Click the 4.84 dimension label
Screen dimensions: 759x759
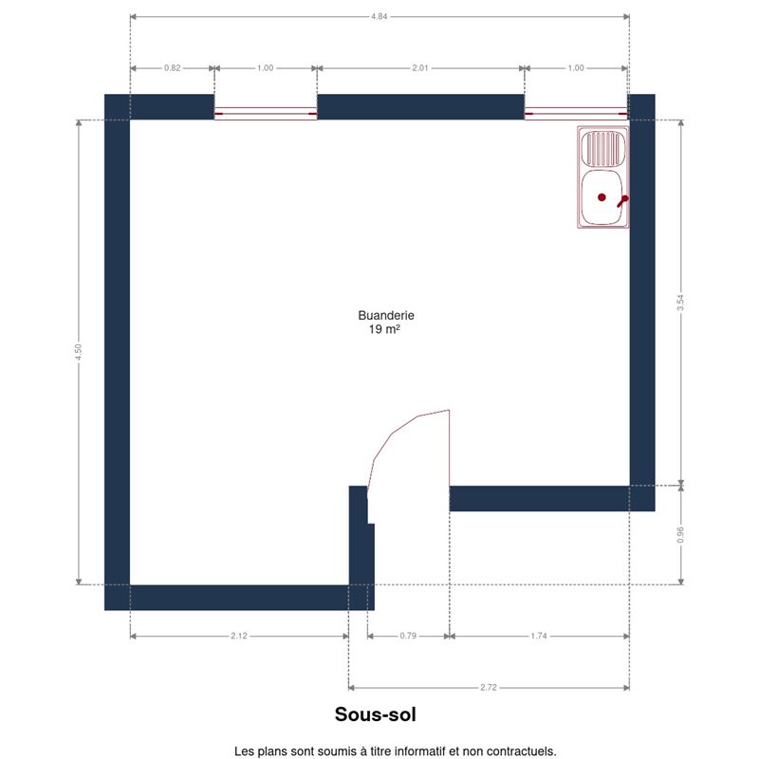(x=379, y=16)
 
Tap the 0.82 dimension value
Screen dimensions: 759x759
(x=173, y=68)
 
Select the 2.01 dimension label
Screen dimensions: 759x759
(x=420, y=68)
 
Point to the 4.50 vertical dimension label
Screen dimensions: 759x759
(x=79, y=351)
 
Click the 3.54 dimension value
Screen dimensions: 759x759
(x=680, y=303)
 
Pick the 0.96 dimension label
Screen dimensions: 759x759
(x=680, y=534)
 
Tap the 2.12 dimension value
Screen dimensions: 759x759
(x=239, y=636)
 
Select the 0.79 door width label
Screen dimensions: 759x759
(x=408, y=636)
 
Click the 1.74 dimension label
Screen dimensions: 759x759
(x=539, y=636)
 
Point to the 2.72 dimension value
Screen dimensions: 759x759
(x=489, y=687)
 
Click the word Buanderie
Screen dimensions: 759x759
(x=386, y=316)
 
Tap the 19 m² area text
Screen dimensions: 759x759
(x=384, y=329)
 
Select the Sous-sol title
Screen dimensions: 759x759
(x=375, y=714)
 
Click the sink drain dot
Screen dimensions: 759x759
(x=602, y=197)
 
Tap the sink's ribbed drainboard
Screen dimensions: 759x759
(x=603, y=148)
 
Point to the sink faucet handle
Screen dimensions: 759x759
(x=622, y=201)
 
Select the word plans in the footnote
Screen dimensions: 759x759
(x=270, y=751)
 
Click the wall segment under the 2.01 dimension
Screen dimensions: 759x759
(x=420, y=107)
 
